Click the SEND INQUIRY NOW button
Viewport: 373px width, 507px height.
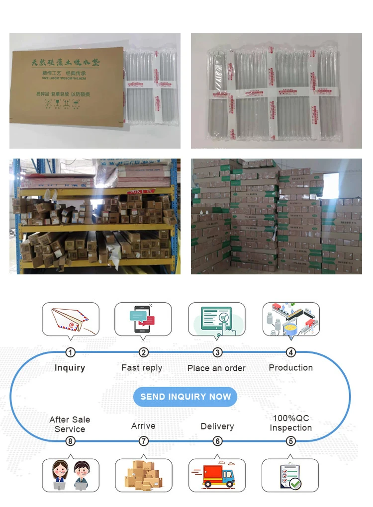pos(186,397)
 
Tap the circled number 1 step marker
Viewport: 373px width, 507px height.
pos(71,352)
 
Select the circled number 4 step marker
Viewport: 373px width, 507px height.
pos(291,352)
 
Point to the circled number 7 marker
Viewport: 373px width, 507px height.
pos(144,441)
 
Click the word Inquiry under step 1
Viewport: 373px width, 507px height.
pos(70,368)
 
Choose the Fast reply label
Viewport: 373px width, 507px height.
pos(142,368)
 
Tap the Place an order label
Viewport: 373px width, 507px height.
pos(216,368)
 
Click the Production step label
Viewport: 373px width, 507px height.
pos(291,368)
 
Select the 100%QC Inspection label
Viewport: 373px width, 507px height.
pos(291,423)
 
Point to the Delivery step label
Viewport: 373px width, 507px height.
pos(217,426)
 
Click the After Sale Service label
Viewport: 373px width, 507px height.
pos(70,424)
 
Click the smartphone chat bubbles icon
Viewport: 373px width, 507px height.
pos(143,319)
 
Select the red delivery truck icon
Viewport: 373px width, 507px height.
pos(217,476)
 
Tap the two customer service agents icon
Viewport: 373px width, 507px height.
pos(70,475)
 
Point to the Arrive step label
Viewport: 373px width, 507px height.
pos(143,426)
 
